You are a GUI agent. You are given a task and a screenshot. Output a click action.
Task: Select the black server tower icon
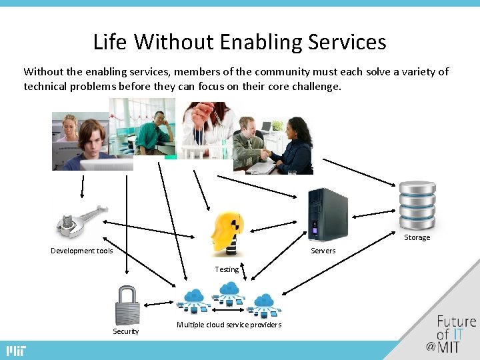(327, 214)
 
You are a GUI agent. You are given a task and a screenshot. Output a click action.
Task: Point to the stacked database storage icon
(417, 205)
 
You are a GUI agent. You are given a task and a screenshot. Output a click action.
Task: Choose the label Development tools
(82, 251)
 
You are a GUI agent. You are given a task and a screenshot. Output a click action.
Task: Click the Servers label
(323, 251)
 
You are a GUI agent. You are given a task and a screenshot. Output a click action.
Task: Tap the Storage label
(417, 238)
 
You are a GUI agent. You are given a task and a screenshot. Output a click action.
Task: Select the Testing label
(227, 270)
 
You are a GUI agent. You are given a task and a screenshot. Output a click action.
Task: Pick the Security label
(126, 331)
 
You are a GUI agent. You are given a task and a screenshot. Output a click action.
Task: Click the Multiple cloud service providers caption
(229, 325)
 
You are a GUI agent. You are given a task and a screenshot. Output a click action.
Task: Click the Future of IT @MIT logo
(453, 333)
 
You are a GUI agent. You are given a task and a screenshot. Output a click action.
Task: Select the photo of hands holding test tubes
(203, 130)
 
